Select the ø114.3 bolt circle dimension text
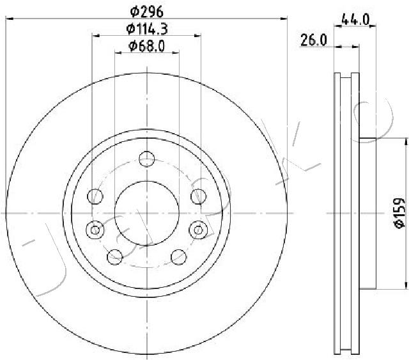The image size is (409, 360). pos(147,28)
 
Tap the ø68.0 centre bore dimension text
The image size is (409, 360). pos(147,45)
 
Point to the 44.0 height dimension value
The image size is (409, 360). pos(356,19)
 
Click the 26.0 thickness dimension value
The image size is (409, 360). pos(314,40)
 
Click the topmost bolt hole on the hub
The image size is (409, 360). pos(147,157)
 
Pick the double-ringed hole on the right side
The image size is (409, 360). pos(198,228)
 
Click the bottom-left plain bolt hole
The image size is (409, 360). pos(115,256)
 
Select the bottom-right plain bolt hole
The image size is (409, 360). pos(178,256)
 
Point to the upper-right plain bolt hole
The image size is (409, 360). pos(197,196)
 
